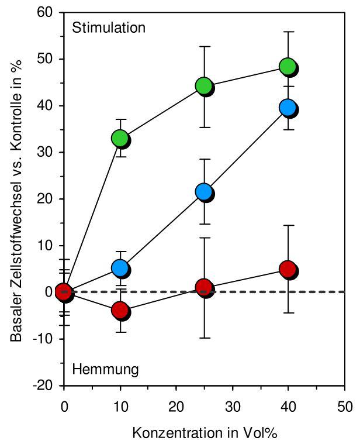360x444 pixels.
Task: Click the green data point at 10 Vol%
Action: click(120, 139)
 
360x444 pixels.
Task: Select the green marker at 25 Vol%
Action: click(204, 87)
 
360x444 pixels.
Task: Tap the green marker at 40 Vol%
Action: click(288, 67)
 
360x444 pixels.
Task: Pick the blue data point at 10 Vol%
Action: click(120, 269)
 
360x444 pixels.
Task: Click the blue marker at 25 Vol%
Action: click(204, 192)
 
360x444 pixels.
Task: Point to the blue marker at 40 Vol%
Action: click(288, 108)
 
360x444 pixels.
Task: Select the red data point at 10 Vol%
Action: click(120, 310)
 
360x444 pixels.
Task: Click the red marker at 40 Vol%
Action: click(288, 269)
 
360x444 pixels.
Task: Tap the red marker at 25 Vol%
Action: click(204, 287)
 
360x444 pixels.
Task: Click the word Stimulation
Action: click(108, 27)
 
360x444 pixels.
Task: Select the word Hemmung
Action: click(105, 369)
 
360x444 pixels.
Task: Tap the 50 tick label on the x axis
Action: click(345, 406)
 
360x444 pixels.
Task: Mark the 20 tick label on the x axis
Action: click(176, 406)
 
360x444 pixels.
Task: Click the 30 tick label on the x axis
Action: click(232, 406)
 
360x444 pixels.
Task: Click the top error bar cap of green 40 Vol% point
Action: click(288, 32)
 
